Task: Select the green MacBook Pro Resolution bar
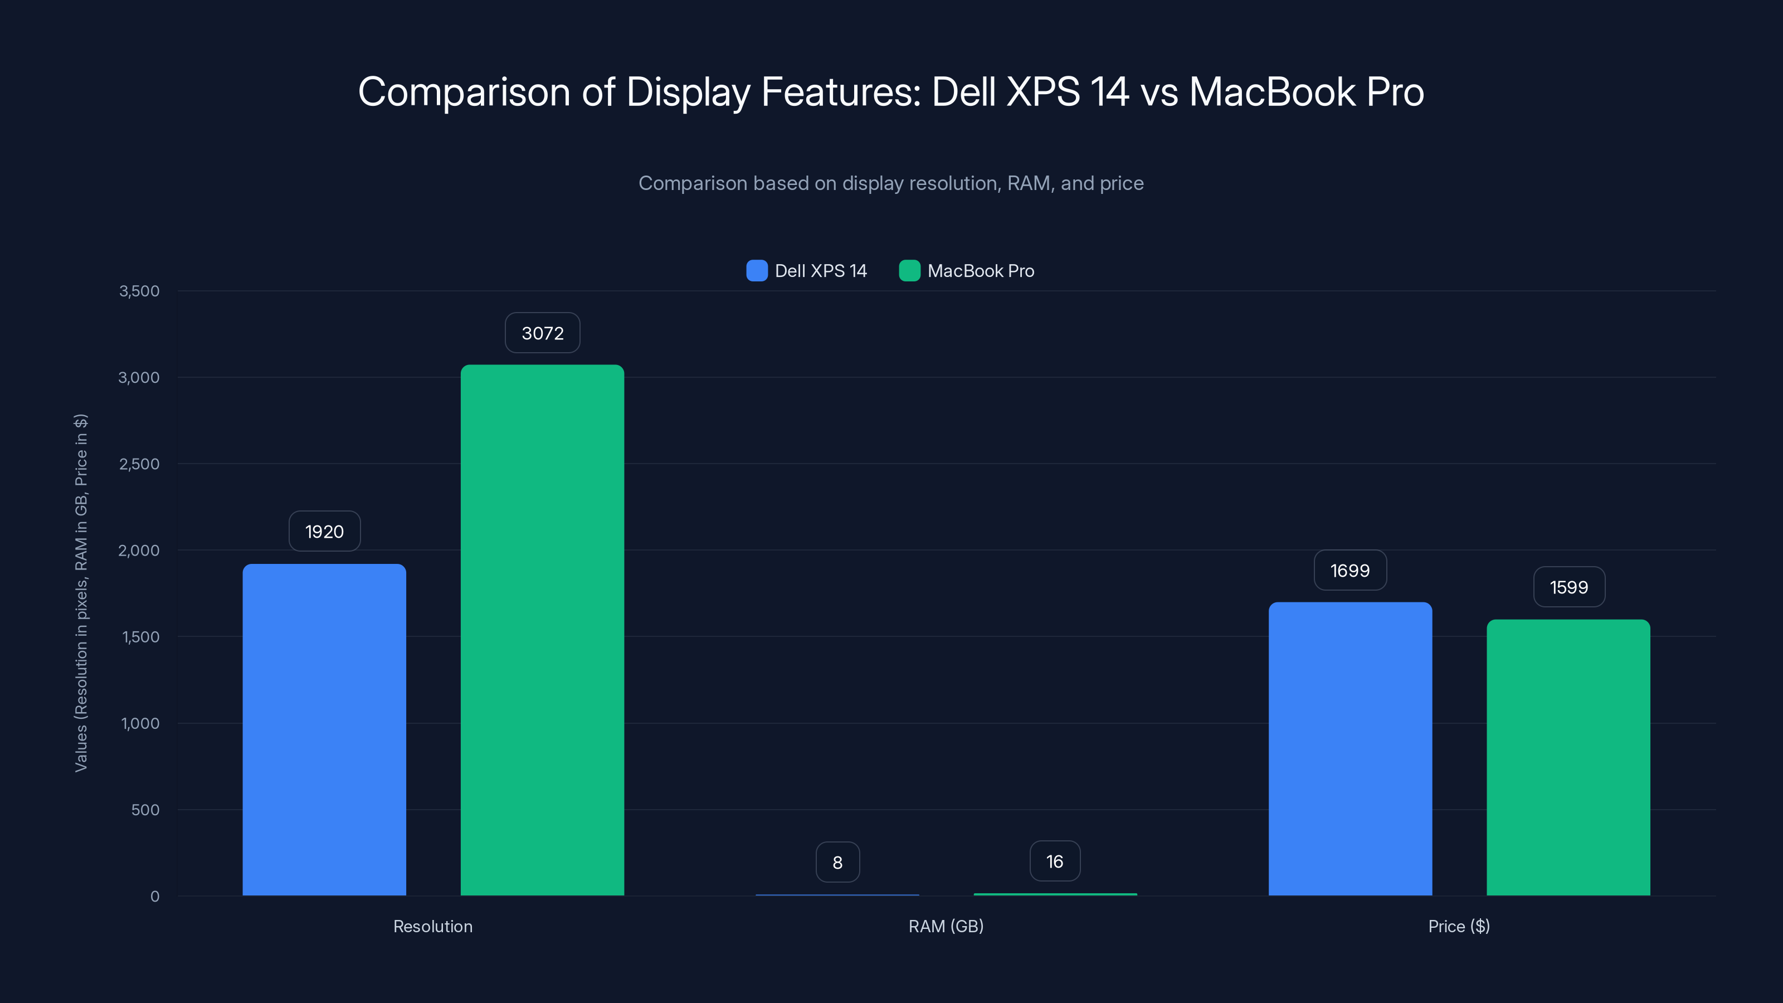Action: [542, 630]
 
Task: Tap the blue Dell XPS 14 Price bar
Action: [1350, 749]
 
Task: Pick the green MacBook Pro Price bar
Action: [1568, 757]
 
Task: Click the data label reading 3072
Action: [542, 333]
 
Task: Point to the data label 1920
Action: [324, 532]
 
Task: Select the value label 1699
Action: [1350, 571]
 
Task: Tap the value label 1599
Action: [1568, 587]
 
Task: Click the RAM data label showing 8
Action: [837, 863]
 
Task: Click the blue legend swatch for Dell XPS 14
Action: [757, 271]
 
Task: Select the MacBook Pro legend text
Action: [980, 271]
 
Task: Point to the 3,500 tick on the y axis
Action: [139, 291]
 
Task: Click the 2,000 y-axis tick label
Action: [139, 551]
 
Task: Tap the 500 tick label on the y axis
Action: [145, 810]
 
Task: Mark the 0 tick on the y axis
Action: [154, 897]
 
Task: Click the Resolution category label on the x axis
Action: [432, 926]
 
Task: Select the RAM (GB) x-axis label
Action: [946, 926]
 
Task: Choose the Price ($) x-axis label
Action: [1458, 926]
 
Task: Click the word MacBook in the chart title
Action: [1272, 92]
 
